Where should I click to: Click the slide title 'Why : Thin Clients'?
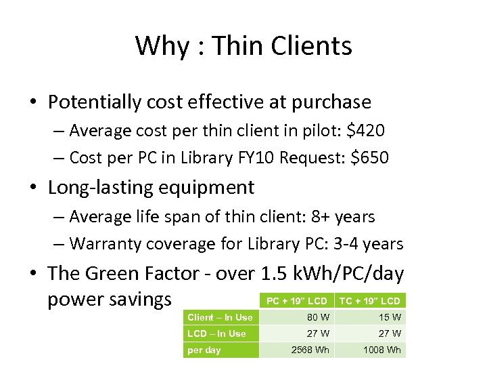pos(243,46)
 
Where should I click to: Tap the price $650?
pos(371,158)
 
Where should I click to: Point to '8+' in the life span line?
pos(317,217)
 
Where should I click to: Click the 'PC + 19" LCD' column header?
pos(296,301)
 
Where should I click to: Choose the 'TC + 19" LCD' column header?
pos(369,301)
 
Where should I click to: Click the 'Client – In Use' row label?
pos(220,317)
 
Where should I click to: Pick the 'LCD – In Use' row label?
pos(216,333)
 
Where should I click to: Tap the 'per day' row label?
pos(204,350)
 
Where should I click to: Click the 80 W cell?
pos(318,317)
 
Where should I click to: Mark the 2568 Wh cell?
pos(310,350)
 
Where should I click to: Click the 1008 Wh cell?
pos(382,350)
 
